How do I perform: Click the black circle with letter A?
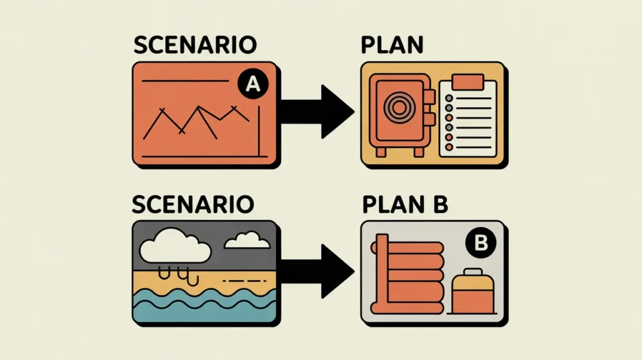[x=251, y=86]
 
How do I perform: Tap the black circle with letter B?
[x=481, y=245]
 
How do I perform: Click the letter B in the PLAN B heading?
[x=445, y=204]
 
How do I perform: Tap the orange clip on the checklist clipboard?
[x=465, y=82]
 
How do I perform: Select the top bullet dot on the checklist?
[x=448, y=98]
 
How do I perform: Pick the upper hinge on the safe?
[x=430, y=96]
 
